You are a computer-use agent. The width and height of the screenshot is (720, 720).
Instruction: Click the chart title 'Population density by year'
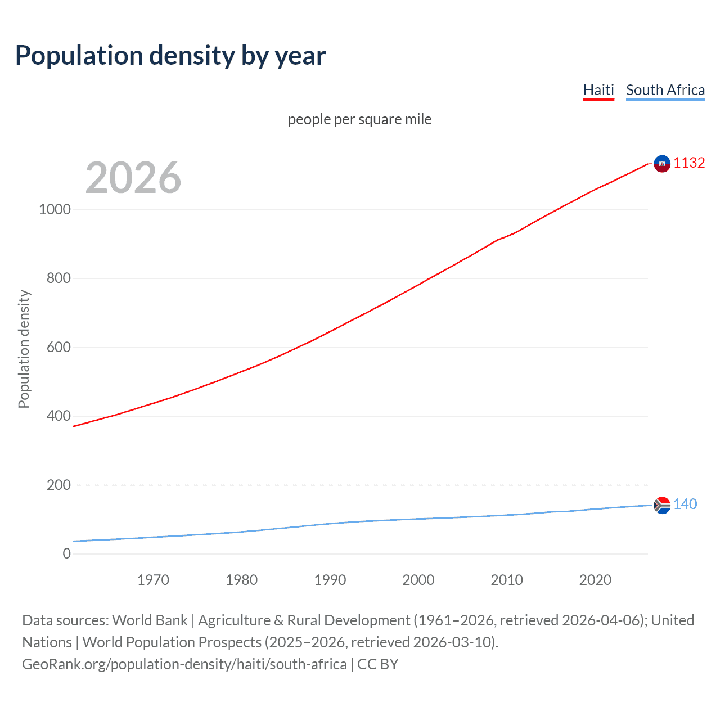[170, 56]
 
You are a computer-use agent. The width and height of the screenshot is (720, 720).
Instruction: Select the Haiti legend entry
[598, 90]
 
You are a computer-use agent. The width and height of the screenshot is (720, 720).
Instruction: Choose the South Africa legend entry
[665, 90]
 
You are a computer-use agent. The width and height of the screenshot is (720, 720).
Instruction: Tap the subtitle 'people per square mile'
[359, 119]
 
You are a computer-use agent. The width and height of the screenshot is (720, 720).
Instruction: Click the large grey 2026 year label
[133, 178]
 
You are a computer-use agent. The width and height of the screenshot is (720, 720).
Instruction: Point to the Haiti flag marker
[662, 164]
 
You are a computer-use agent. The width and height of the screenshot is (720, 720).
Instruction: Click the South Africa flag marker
[662, 505]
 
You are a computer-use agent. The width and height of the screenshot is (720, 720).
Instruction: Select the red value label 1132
[689, 163]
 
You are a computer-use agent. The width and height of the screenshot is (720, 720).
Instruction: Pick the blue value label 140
[685, 504]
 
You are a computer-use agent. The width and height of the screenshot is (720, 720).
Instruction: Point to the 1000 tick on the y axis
[55, 209]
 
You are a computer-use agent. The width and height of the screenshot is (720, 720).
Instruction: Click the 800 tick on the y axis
[58, 278]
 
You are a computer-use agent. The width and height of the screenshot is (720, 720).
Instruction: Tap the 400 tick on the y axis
[58, 416]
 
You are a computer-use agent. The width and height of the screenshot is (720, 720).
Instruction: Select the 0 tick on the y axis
[67, 553]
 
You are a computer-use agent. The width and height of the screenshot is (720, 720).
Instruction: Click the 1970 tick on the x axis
[153, 580]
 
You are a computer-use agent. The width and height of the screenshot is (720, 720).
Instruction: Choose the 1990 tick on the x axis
[330, 580]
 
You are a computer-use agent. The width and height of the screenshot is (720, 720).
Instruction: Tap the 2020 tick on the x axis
[595, 580]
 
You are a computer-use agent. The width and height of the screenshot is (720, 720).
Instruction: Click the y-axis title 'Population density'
[24, 349]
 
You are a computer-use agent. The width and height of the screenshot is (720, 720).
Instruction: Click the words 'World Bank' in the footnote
[150, 620]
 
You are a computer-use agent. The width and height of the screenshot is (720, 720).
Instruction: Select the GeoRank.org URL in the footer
[184, 664]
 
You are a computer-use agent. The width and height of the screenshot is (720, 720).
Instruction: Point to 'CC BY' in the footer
[378, 664]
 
